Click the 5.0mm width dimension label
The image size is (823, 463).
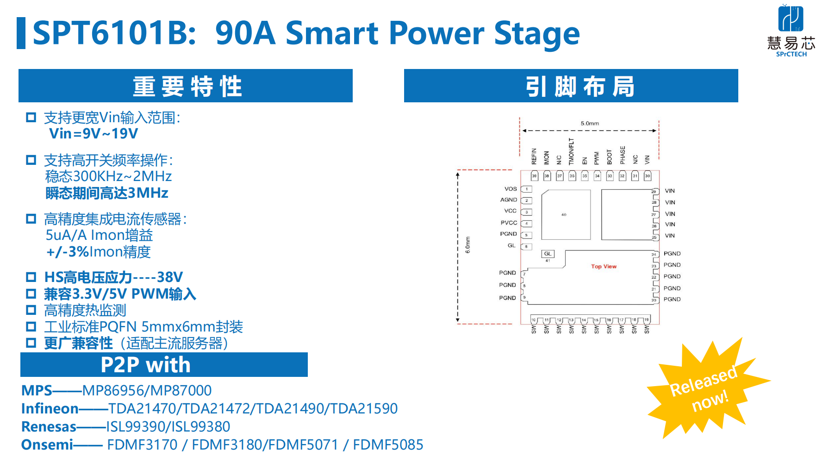[x=590, y=124]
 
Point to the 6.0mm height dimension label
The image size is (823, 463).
[x=468, y=245]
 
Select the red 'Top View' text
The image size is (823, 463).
[x=604, y=267]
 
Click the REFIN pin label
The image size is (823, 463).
[x=534, y=156]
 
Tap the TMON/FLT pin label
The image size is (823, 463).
[x=572, y=151]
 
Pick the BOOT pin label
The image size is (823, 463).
[x=610, y=157]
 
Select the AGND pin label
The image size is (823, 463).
[x=508, y=200]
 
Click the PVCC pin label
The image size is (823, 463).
[x=509, y=223]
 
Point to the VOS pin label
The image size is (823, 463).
[x=511, y=189]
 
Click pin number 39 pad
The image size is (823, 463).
[x=535, y=176]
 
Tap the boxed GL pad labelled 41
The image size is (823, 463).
[x=548, y=254]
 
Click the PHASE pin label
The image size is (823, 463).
[x=623, y=155]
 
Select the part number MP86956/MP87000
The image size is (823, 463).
[x=147, y=391]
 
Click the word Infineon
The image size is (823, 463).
[x=50, y=409]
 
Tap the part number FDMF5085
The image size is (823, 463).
[x=388, y=445]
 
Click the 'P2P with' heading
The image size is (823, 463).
[x=145, y=365]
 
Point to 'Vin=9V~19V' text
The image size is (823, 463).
[x=94, y=134]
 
